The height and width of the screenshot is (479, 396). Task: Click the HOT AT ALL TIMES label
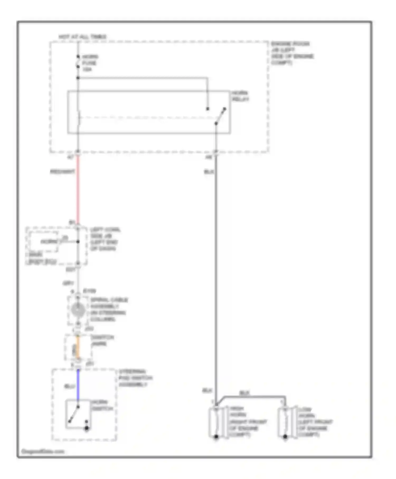[x=82, y=37]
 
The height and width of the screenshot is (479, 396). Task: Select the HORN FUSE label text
[x=90, y=63]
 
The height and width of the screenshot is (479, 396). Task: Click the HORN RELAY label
[x=240, y=96]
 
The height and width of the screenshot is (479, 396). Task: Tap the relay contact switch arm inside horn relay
[x=220, y=116]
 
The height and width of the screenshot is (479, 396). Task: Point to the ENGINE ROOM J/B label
[x=292, y=53]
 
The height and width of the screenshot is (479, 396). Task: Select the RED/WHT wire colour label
[x=62, y=172]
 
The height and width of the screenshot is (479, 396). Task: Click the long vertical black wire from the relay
[x=216, y=264]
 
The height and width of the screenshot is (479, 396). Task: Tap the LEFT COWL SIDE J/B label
[x=105, y=239]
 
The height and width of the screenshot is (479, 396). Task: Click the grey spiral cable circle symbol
[x=78, y=310]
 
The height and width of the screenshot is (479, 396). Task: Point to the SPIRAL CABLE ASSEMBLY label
[x=108, y=309]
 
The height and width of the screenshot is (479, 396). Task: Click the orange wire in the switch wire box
[x=78, y=347]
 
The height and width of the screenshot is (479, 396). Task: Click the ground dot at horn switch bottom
[x=87, y=428]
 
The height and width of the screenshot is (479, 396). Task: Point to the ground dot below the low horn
[x=285, y=437]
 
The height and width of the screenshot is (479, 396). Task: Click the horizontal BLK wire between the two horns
[x=253, y=397]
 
